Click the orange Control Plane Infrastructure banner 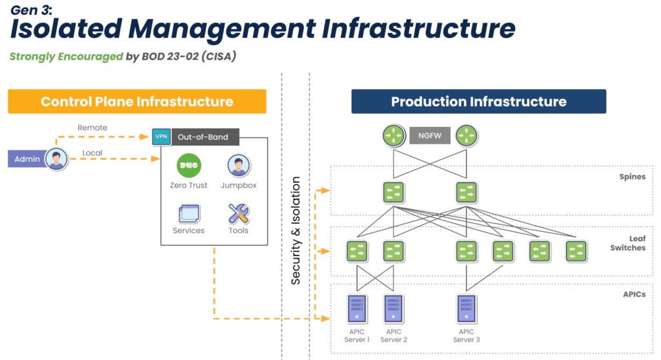pos(137,101)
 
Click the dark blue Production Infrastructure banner pos(478,101)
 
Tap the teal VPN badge pos(160,137)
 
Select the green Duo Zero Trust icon pos(189,165)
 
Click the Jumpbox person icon pos(238,165)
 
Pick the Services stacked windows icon pos(189,213)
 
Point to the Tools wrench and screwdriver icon pos(238,213)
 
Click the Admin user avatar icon pos(57,158)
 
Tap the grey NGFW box pos(429,135)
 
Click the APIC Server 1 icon pos(356,308)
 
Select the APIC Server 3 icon pos(466,308)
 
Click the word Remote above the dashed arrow pos(92,128)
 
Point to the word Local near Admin pos(93,153)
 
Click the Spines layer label pos(631,177)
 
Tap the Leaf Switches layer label pos(627,243)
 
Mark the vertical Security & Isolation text pos(296,230)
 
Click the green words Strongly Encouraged pos(66,56)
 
